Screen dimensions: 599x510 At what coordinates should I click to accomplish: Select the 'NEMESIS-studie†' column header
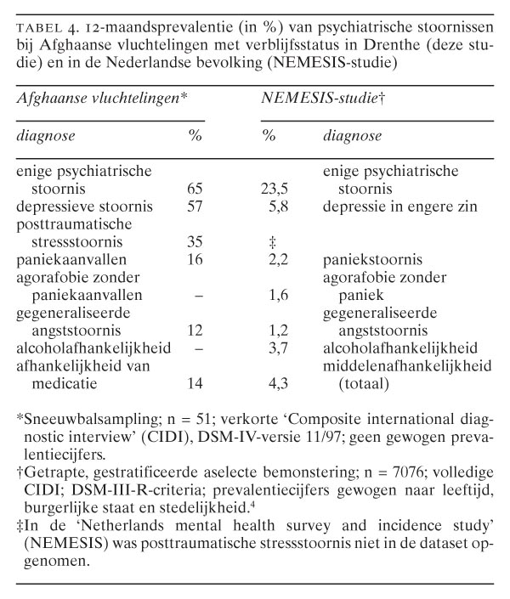[x=324, y=99]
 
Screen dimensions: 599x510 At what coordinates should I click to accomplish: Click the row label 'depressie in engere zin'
[x=393, y=206]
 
